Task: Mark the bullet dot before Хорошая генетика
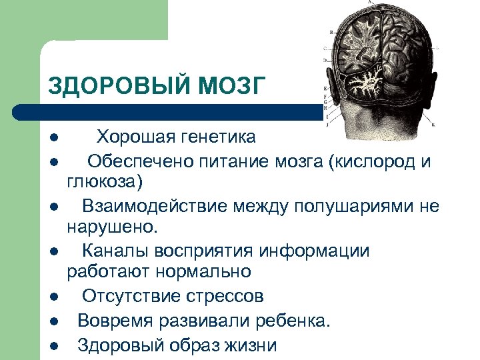click(x=54, y=139)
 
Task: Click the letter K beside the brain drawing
click(x=433, y=125)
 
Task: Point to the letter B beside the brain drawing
click(x=331, y=32)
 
